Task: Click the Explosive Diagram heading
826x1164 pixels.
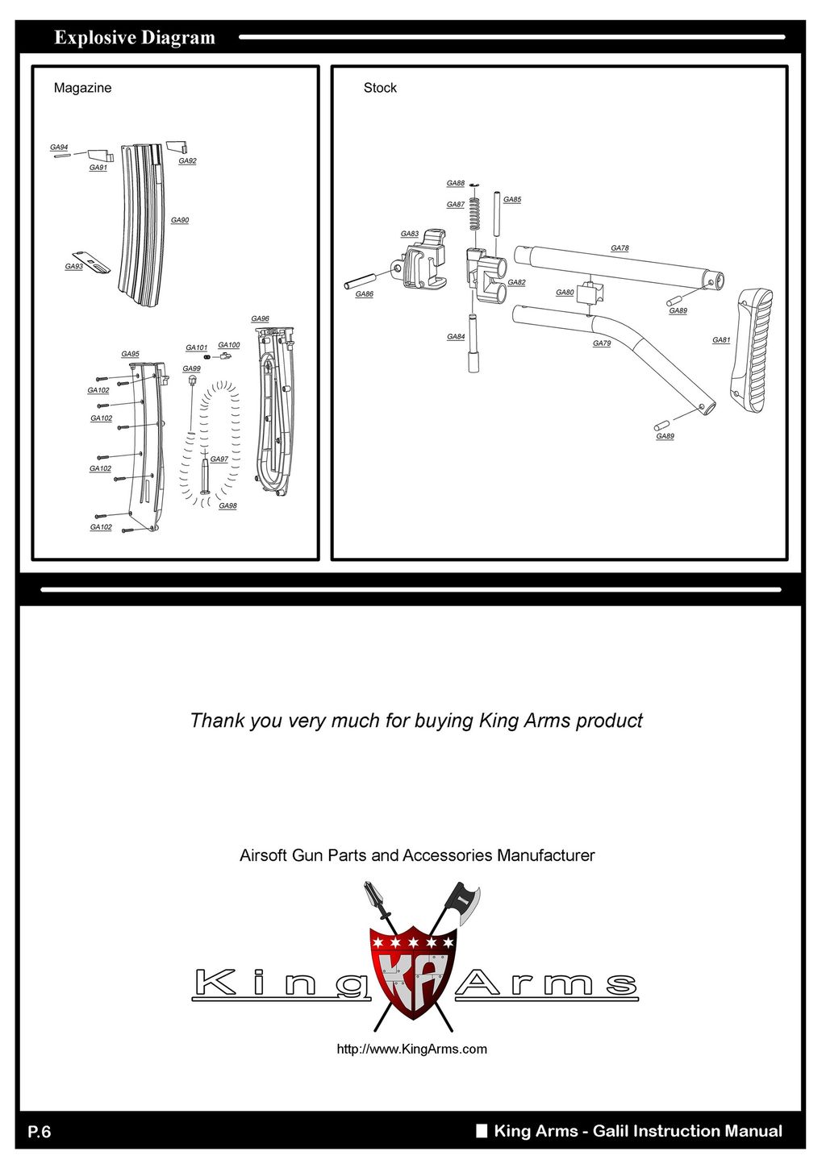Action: (135, 38)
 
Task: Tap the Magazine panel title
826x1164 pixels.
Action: (83, 88)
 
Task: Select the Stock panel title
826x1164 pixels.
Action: (380, 88)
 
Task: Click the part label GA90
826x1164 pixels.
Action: (180, 220)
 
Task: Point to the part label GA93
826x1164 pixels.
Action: (74, 267)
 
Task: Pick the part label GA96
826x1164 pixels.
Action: (260, 318)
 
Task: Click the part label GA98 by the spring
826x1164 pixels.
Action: (227, 505)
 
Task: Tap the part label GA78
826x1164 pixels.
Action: (619, 248)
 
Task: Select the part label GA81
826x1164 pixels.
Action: (721, 340)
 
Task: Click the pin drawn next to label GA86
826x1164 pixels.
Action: (361, 281)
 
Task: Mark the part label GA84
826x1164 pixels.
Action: (456, 337)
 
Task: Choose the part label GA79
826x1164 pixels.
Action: (602, 343)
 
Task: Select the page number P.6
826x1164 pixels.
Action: (40, 1131)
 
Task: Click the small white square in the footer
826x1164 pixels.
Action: (482, 1131)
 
